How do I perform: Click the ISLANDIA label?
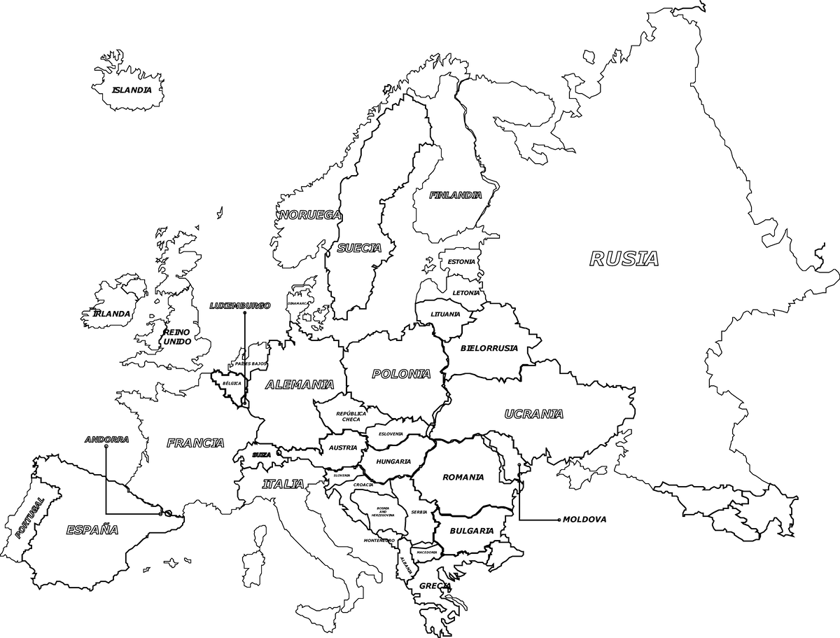132,90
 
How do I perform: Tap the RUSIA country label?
624,259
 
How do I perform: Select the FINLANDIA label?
456,195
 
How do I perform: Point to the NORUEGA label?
310,215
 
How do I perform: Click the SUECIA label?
359,248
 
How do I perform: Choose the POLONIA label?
401,374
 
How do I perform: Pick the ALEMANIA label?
300,384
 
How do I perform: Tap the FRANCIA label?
195,443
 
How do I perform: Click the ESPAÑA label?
92,530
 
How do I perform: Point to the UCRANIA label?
534,414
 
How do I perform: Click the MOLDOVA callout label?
584,520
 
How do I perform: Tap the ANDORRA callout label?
106,440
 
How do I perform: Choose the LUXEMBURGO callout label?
240,306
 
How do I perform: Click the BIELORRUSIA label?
489,348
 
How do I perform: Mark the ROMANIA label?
463,478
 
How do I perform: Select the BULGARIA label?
471,531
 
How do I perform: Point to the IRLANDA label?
111,314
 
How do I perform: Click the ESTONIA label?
461,262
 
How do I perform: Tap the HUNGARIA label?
393,462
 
